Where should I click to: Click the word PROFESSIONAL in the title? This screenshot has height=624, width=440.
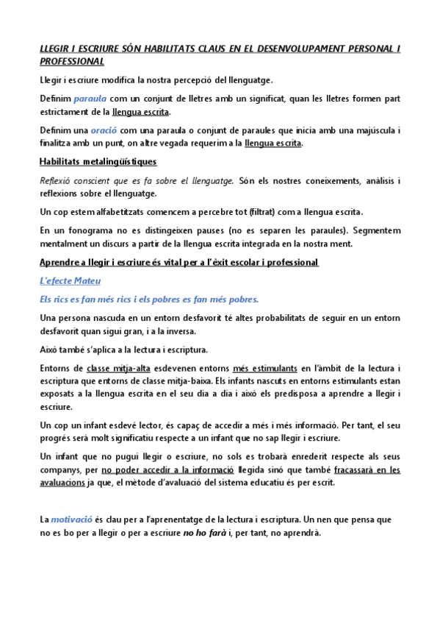(71, 62)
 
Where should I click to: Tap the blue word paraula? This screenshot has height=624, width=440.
(90, 98)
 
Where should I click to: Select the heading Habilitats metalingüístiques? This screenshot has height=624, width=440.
(97, 161)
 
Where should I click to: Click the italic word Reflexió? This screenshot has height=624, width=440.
(59, 180)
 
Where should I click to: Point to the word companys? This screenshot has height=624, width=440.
(60, 470)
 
